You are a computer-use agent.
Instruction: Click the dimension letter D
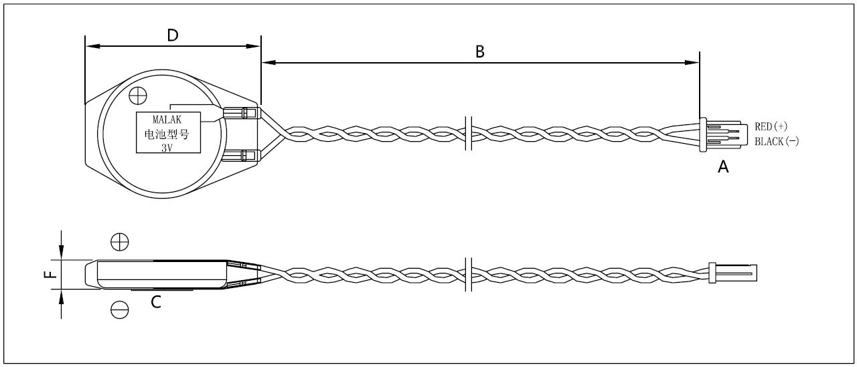(172, 35)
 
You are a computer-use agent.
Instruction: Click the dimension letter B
(479, 51)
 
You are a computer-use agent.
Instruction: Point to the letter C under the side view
(155, 303)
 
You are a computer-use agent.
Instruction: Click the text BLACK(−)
(777, 142)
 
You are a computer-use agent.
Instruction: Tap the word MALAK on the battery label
(167, 120)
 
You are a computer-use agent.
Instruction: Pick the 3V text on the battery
(167, 148)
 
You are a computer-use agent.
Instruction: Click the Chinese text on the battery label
(167, 134)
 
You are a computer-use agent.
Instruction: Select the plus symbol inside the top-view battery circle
(137, 96)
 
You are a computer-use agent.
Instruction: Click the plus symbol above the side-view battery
(119, 241)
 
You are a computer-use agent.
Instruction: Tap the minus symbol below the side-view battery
(119, 310)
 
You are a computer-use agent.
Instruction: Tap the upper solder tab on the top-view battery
(241, 113)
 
